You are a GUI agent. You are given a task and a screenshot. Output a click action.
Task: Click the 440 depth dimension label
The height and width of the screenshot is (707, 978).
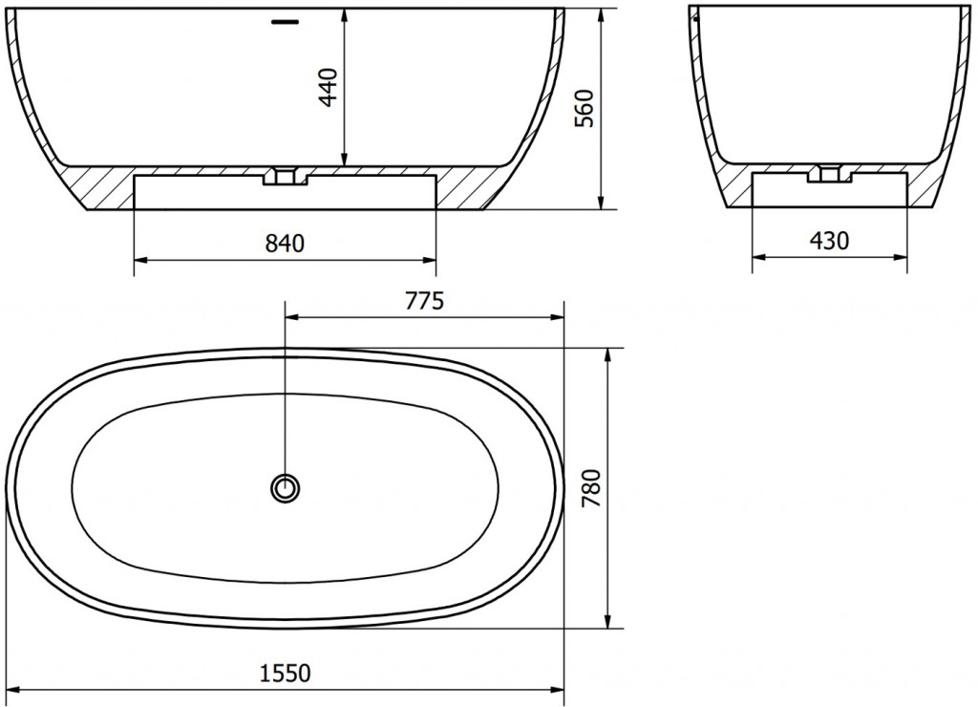[x=330, y=87]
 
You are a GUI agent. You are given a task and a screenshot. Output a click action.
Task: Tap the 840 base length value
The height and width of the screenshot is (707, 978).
[x=285, y=243]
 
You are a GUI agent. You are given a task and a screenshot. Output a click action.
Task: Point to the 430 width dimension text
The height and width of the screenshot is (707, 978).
[x=830, y=240]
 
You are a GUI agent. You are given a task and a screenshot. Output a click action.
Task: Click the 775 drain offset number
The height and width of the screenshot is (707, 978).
[x=424, y=301]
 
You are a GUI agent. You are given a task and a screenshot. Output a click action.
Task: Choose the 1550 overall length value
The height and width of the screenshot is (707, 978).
[x=285, y=674]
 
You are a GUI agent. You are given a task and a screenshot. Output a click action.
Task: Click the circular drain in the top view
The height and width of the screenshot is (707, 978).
[x=286, y=486]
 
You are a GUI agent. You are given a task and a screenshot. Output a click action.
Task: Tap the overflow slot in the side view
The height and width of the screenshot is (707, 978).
[x=286, y=22]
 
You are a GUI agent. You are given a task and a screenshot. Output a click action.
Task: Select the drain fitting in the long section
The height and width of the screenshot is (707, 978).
[x=285, y=175]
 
